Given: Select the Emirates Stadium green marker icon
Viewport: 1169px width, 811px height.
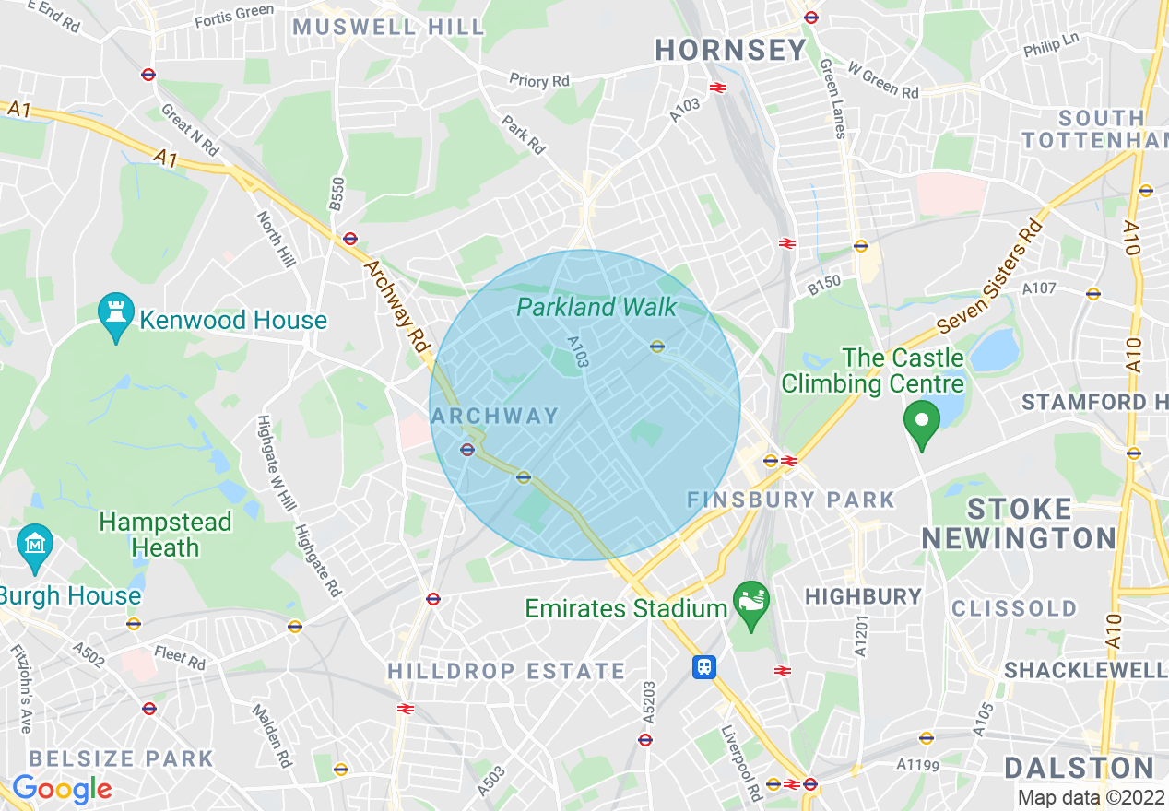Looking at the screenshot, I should tap(750, 603).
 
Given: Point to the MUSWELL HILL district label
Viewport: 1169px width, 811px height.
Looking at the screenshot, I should tap(388, 27).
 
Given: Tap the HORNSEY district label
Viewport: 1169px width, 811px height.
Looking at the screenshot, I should tap(731, 51).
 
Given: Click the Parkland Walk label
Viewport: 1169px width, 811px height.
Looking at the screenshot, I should tap(596, 307).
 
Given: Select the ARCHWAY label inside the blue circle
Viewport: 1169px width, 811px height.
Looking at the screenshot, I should tap(495, 416).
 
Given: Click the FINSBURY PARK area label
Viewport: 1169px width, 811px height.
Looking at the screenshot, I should tap(791, 500).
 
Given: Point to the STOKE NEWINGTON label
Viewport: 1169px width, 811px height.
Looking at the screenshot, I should tap(1018, 523).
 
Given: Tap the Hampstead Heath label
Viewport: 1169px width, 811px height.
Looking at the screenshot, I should tap(165, 535).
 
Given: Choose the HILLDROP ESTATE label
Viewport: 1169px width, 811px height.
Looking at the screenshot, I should tap(506, 671).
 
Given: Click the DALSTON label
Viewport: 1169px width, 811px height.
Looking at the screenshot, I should tap(1079, 768).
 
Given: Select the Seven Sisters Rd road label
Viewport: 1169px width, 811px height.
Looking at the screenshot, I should tap(989, 276).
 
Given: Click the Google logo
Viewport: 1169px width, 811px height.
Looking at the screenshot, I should tap(61, 789).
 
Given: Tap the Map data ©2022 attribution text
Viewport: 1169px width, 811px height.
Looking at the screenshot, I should tap(1092, 798).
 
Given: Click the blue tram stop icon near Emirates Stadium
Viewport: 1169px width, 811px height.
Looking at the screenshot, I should tap(704, 666).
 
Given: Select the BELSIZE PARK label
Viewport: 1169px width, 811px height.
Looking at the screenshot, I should tap(121, 759).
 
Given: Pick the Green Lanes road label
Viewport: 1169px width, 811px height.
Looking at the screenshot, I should tap(832, 98).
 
